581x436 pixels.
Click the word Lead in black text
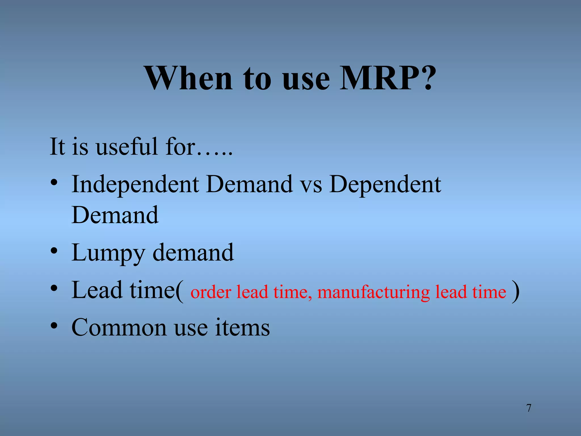coord(97,290)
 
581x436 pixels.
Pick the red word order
coord(211,292)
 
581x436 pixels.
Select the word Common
coord(119,328)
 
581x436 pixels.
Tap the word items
coord(242,328)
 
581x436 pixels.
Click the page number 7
coord(529,408)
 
